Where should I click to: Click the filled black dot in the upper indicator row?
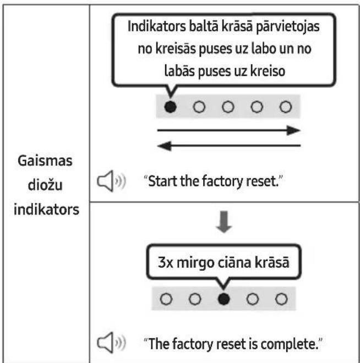(x=171, y=107)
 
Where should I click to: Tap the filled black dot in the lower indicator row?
(x=224, y=299)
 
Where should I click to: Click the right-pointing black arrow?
(x=229, y=130)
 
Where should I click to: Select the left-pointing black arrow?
(x=229, y=146)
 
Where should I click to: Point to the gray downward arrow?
(x=224, y=222)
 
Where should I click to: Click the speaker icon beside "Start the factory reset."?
(x=111, y=181)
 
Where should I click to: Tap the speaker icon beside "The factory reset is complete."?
(x=111, y=343)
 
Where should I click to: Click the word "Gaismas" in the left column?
(x=45, y=161)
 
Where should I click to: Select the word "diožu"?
(x=45, y=185)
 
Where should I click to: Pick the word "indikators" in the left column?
(x=46, y=210)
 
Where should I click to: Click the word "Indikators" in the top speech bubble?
(x=156, y=26)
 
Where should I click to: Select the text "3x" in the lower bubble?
(x=165, y=262)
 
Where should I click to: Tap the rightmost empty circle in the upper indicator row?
(x=286, y=107)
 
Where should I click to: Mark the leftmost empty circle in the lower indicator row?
(x=166, y=299)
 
